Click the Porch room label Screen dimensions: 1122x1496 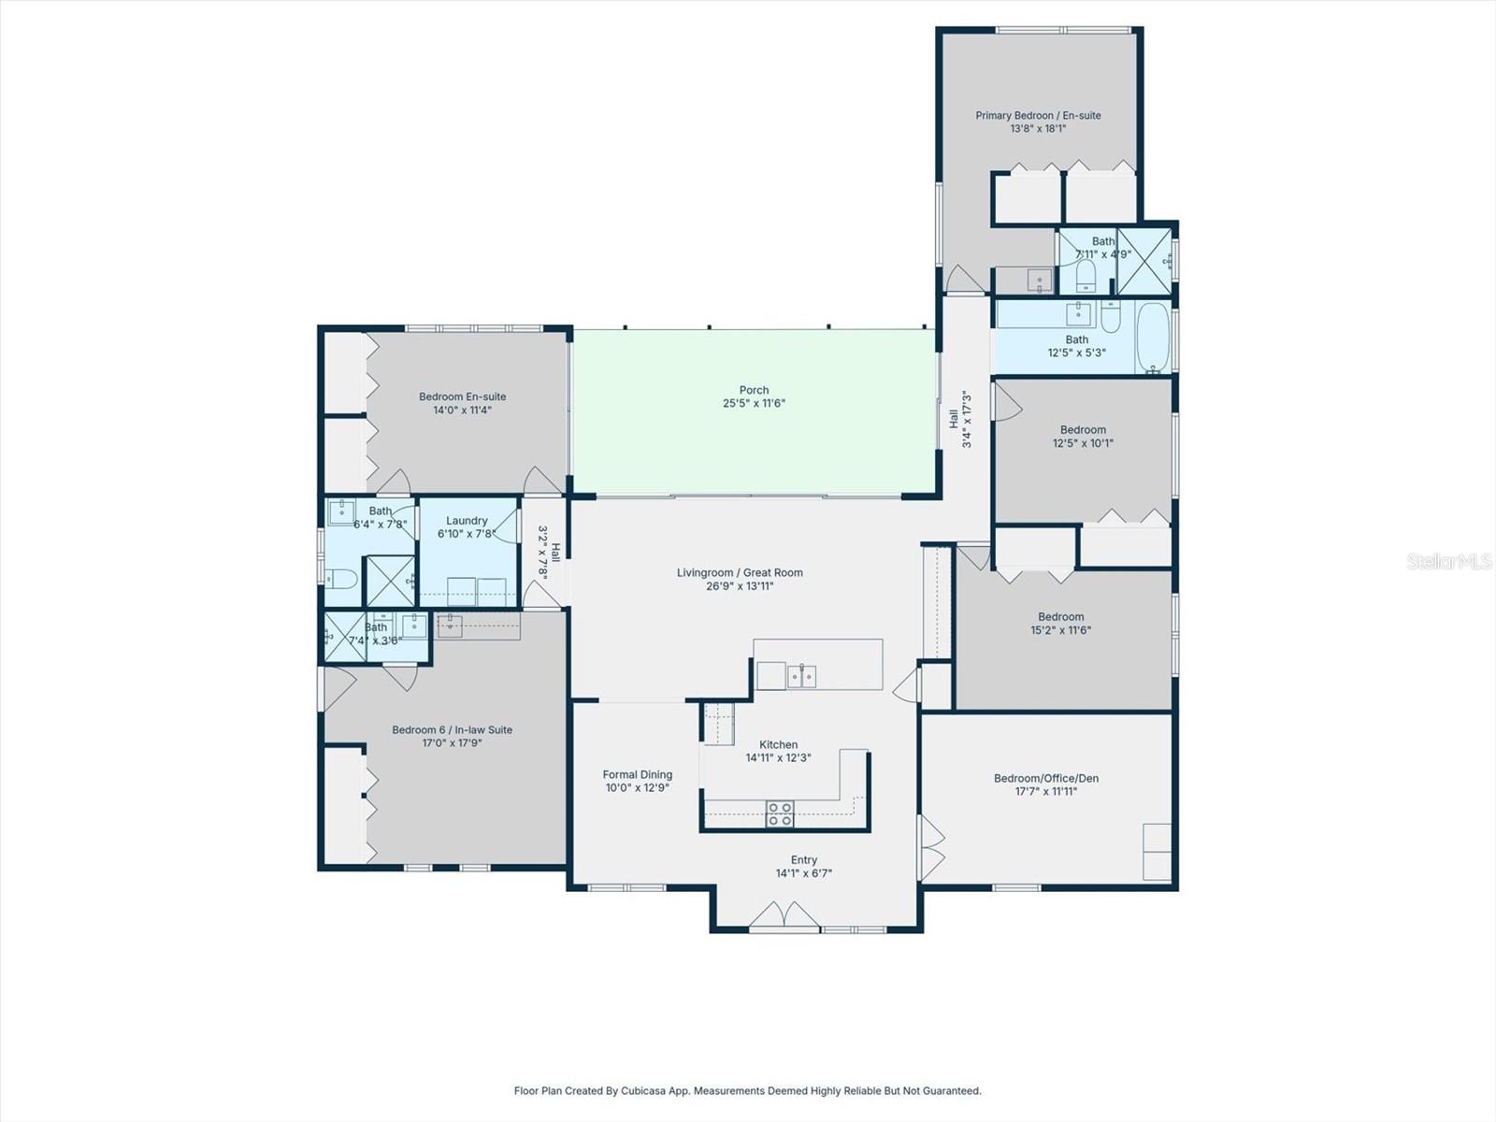(x=754, y=391)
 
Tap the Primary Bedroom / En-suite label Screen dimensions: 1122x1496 (x=1038, y=116)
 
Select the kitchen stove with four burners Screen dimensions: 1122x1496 (x=780, y=813)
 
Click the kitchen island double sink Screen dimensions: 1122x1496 (x=800, y=675)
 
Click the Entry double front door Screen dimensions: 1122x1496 (x=784, y=915)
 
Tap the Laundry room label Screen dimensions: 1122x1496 (x=467, y=522)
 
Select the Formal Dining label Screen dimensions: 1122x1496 (x=637, y=775)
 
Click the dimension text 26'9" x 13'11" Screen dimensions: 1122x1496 (x=740, y=586)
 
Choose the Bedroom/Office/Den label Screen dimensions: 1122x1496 (x=1045, y=779)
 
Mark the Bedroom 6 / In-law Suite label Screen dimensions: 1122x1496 (x=452, y=730)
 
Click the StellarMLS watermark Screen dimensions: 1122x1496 (x=1449, y=561)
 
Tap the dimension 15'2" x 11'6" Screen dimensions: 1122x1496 (x=1060, y=630)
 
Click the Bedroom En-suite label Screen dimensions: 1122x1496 (x=462, y=397)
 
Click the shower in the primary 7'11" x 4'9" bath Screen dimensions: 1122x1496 (x=1144, y=262)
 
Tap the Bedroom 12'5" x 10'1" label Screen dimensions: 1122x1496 (x=1083, y=431)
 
